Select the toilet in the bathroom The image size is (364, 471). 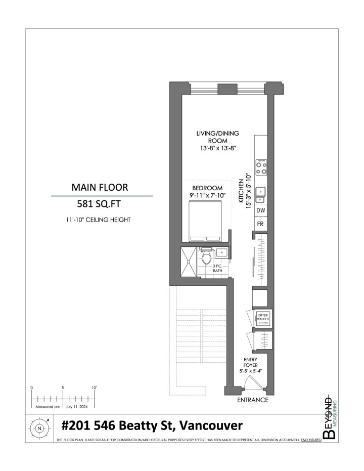point(206,258)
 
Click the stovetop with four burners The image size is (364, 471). point(261,167)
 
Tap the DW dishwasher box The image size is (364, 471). point(261,210)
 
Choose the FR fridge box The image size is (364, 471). point(261,224)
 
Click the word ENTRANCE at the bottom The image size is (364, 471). point(253,400)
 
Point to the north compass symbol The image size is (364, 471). point(40,427)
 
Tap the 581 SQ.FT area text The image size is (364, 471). point(101,204)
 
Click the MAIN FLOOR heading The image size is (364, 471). point(101,187)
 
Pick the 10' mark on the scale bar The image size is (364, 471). point(94,388)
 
